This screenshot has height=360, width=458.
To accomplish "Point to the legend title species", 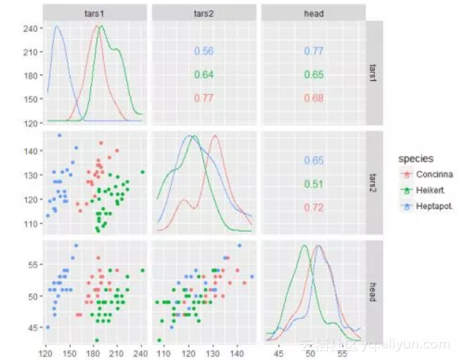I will pos(415,158).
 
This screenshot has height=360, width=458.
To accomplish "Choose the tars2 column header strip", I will pos(203,13).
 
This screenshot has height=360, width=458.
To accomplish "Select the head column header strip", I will pos(313,13).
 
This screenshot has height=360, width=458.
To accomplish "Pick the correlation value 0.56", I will pos(203,51).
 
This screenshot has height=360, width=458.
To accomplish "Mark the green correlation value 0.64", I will pos(203,75).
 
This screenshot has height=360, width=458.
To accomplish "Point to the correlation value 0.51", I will pos(313,184).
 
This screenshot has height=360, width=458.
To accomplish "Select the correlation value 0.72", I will pos(313,207).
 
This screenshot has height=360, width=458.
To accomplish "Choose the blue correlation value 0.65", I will pos(313,160).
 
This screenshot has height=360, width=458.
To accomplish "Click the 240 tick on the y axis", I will pos(30,28).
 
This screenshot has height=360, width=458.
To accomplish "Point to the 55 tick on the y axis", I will pos(33,264).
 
